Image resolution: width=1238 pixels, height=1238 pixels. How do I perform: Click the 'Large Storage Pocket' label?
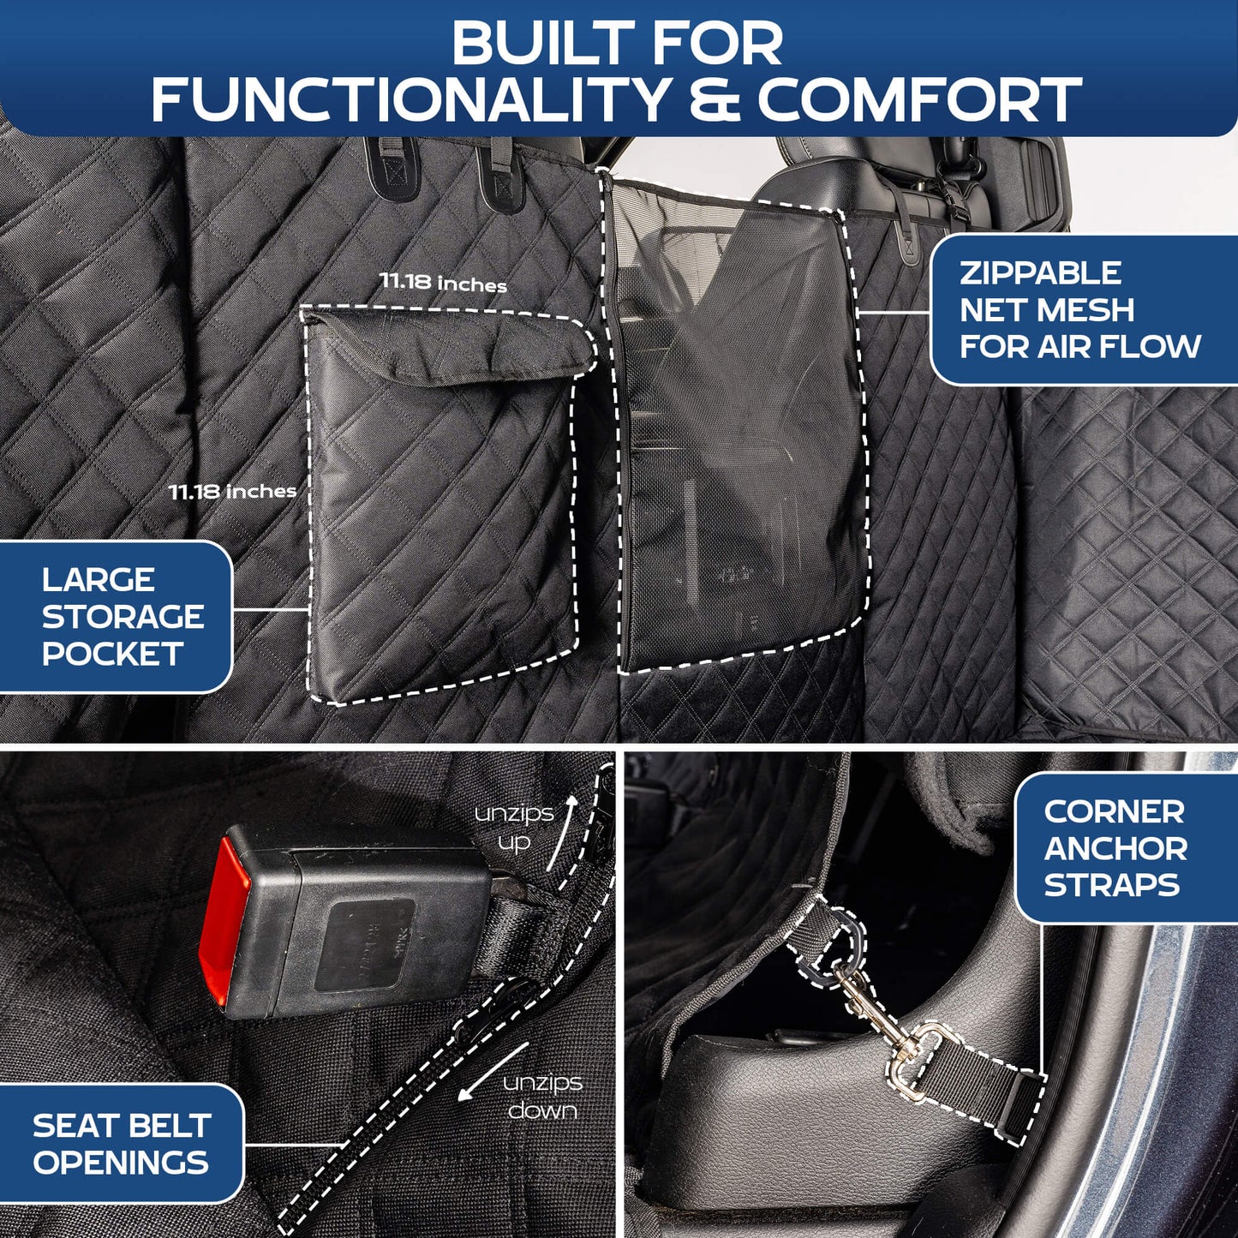pos(122,617)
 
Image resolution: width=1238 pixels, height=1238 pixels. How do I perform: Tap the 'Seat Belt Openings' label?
pos(121,1144)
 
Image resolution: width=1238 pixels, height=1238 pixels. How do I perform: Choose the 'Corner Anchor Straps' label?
pos(1115,848)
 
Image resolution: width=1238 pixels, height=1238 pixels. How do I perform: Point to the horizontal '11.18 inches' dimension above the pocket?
pos(443,283)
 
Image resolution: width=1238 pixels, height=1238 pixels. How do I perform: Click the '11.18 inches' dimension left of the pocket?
pos(232,492)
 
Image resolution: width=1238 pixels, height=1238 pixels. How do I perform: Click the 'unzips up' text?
pos(514,828)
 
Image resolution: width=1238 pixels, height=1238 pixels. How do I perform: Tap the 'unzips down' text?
pos(542,1097)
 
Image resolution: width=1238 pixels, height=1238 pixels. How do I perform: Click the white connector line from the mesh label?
pos(895,313)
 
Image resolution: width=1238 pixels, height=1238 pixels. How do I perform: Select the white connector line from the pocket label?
pos(270,610)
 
